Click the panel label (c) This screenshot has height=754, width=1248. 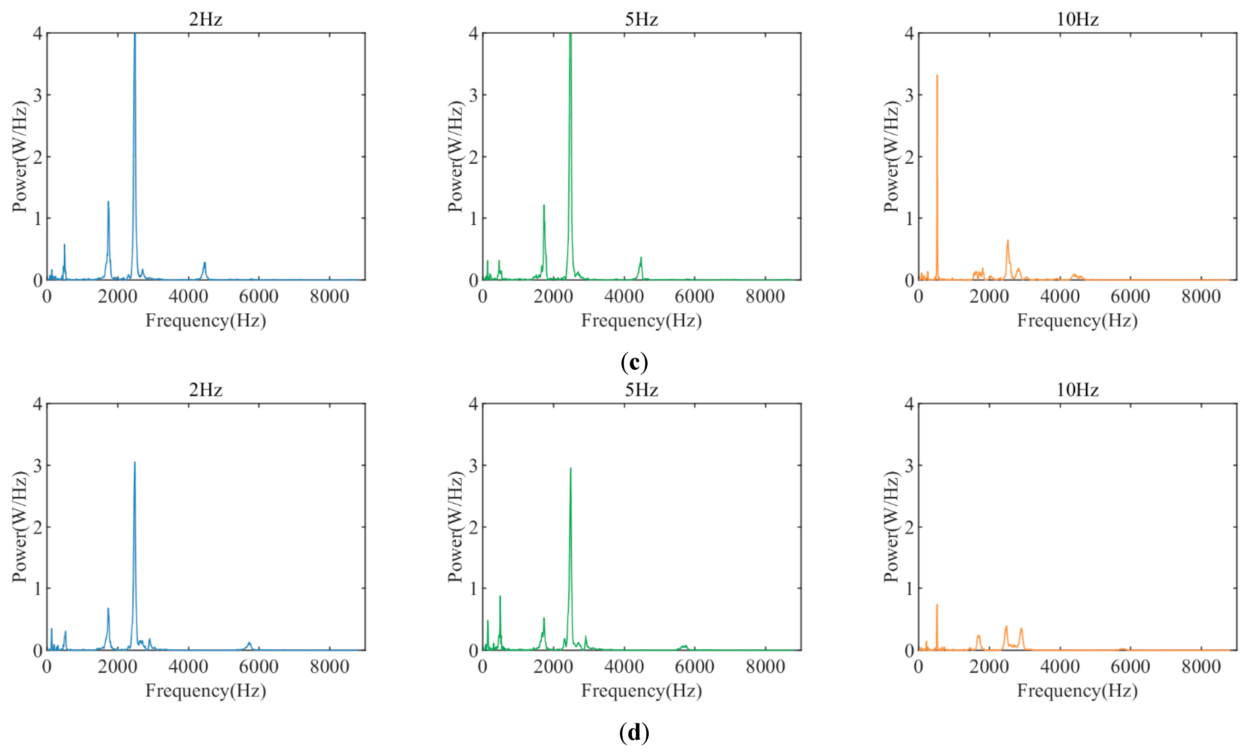634,363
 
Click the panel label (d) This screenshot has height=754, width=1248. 634,733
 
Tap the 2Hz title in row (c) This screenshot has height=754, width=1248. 206,19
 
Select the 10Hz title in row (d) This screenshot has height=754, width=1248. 1077,390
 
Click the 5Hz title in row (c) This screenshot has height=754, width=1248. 641,19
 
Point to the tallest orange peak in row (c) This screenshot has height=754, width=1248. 937,76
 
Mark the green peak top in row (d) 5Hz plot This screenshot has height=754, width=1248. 570,468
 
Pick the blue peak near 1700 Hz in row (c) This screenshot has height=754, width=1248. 108,202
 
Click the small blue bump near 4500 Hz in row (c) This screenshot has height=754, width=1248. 205,263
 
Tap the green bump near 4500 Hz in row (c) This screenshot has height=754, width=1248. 641,258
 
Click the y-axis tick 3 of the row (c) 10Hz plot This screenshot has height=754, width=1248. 909,95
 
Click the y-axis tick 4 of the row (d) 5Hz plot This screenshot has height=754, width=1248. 473,404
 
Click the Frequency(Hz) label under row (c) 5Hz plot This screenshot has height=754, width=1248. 641,321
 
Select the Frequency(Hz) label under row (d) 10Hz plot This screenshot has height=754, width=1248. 1077,691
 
